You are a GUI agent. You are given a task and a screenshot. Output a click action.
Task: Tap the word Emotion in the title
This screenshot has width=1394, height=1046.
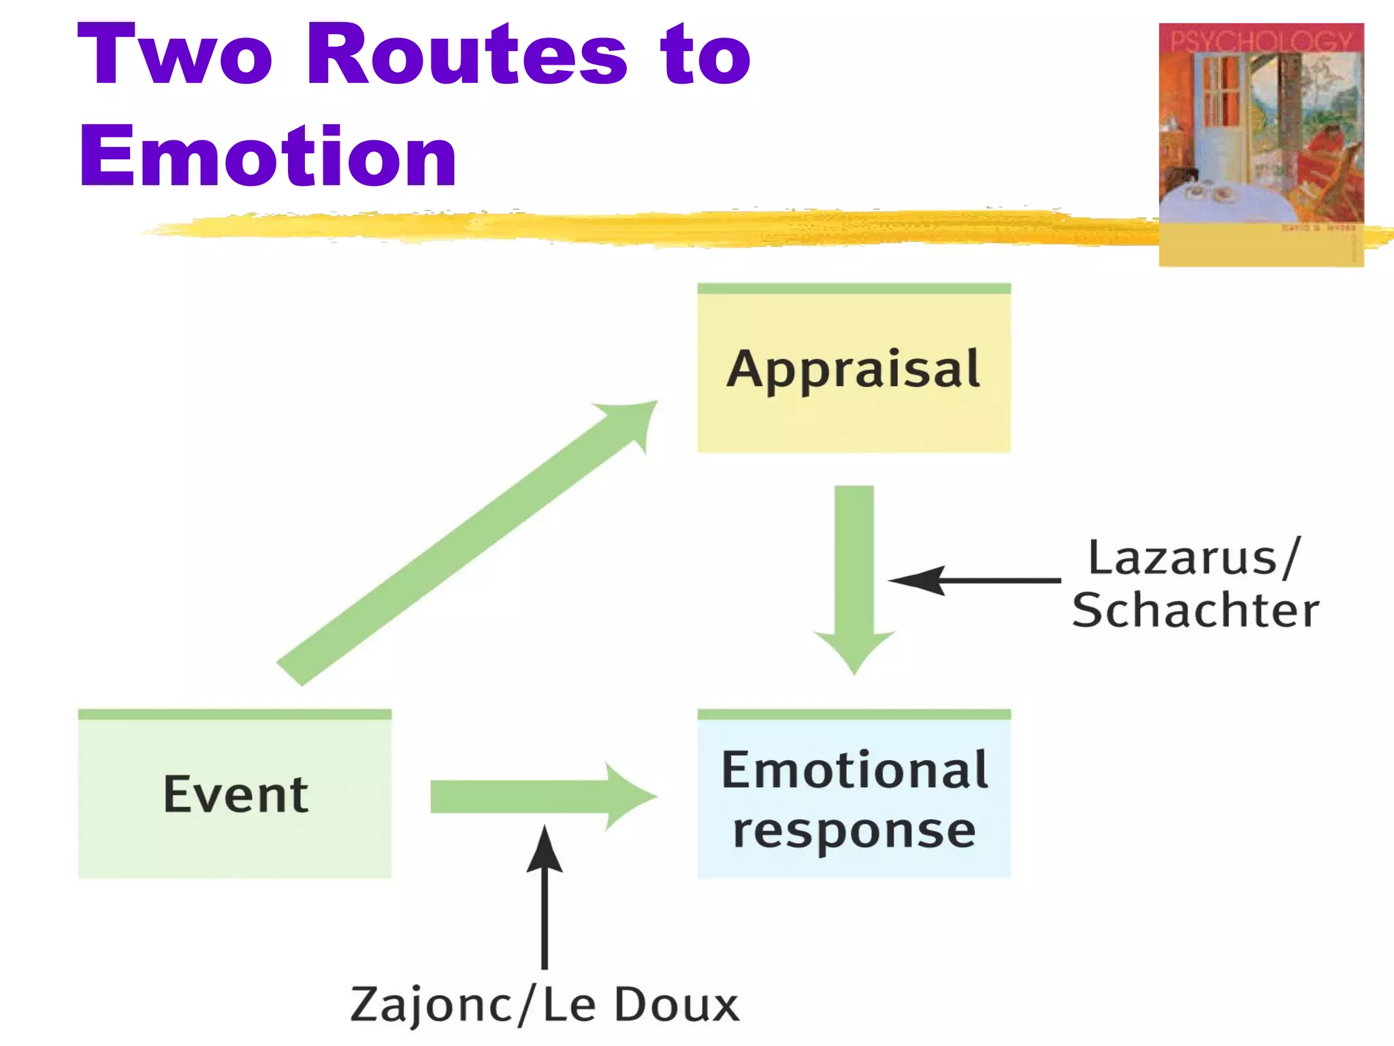(x=268, y=157)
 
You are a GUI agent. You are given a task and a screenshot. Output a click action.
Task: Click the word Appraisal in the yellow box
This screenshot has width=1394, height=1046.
(x=854, y=370)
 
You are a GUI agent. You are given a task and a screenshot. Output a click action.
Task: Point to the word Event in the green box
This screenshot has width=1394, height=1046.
(x=236, y=795)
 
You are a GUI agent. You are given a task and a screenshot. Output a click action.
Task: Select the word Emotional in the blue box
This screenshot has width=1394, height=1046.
(x=854, y=770)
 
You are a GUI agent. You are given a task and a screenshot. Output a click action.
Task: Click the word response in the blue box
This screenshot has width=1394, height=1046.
(x=854, y=831)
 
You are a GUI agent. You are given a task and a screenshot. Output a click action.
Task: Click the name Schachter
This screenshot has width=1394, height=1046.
(x=1196, y=610)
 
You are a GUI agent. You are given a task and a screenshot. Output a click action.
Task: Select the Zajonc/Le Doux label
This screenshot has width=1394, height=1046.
(x=545, y=1005)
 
